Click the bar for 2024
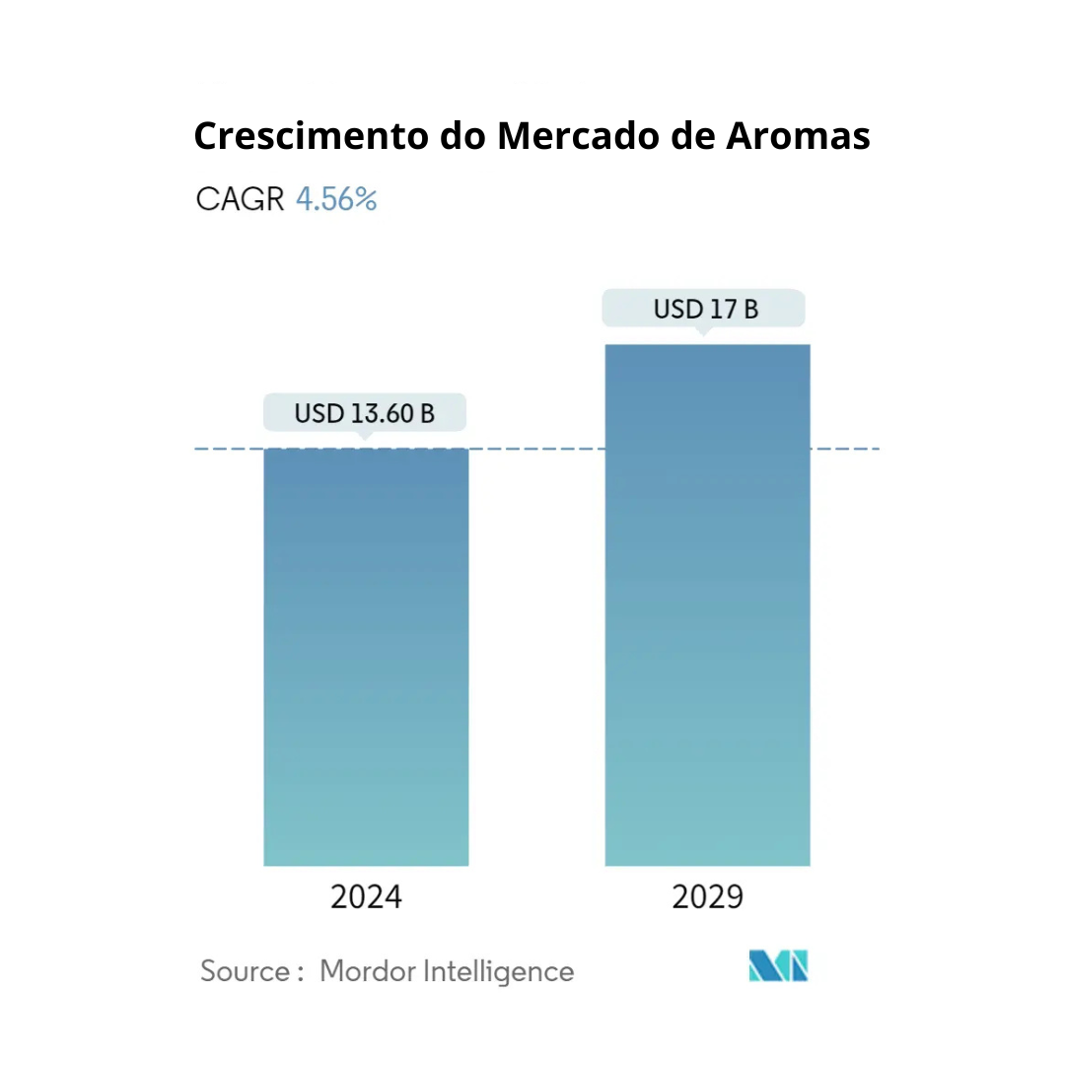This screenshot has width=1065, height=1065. click(366, 657)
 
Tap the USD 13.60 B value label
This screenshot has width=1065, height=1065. click(364, 412)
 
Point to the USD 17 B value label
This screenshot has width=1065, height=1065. click(705, 309)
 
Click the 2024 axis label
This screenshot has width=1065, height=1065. click(366, 897)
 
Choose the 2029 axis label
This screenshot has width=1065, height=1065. click(707, 897)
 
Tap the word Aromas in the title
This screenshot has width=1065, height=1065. click(799, 136)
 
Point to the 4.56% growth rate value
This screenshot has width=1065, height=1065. click(336, 199)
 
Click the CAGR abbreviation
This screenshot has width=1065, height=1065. click(241, 199)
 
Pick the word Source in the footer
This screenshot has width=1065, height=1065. click(246, 971)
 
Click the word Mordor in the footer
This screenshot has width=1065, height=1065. click(367, 971)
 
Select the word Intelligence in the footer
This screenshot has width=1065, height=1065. click(498, 971)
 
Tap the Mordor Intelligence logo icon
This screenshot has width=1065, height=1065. click(778, 966)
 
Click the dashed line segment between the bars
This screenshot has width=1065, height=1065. click(536, 449)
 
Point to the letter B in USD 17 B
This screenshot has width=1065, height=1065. click(750, 309)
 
